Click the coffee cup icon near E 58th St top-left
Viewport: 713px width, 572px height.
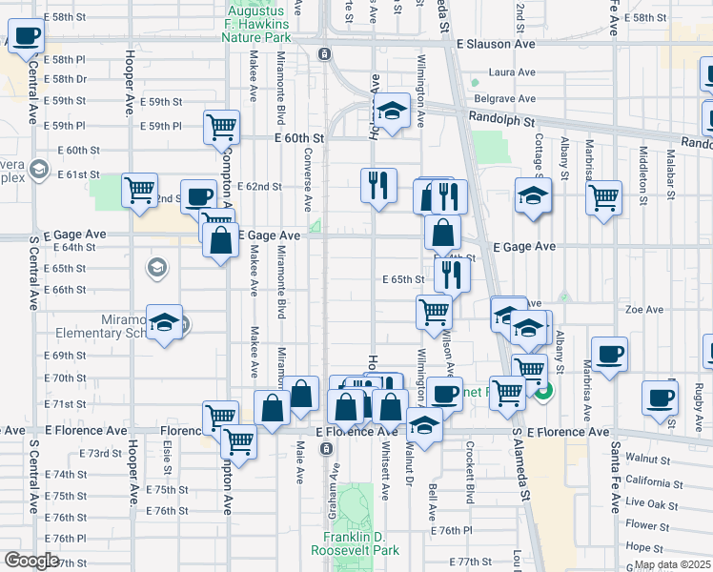pos(26,37)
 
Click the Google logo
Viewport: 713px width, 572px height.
pos(31,561)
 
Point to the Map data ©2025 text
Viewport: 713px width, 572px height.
pos(672,564)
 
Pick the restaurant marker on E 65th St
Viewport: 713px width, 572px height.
pos(451,275)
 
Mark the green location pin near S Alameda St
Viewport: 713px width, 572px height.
pos(543,390)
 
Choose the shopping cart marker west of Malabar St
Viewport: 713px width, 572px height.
pos(602,197)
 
